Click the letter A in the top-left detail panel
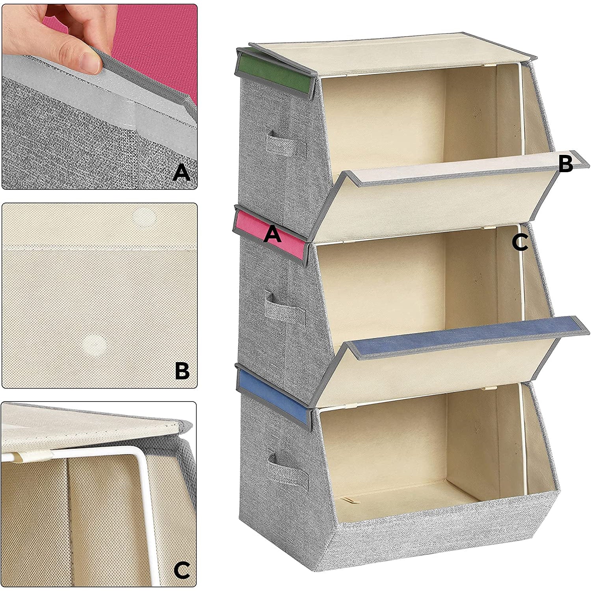(x=182, y=173)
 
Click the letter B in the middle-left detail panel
(x=182, y=371)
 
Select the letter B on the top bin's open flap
(x=566, y=164)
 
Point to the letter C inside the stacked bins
(x=520, y=242)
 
